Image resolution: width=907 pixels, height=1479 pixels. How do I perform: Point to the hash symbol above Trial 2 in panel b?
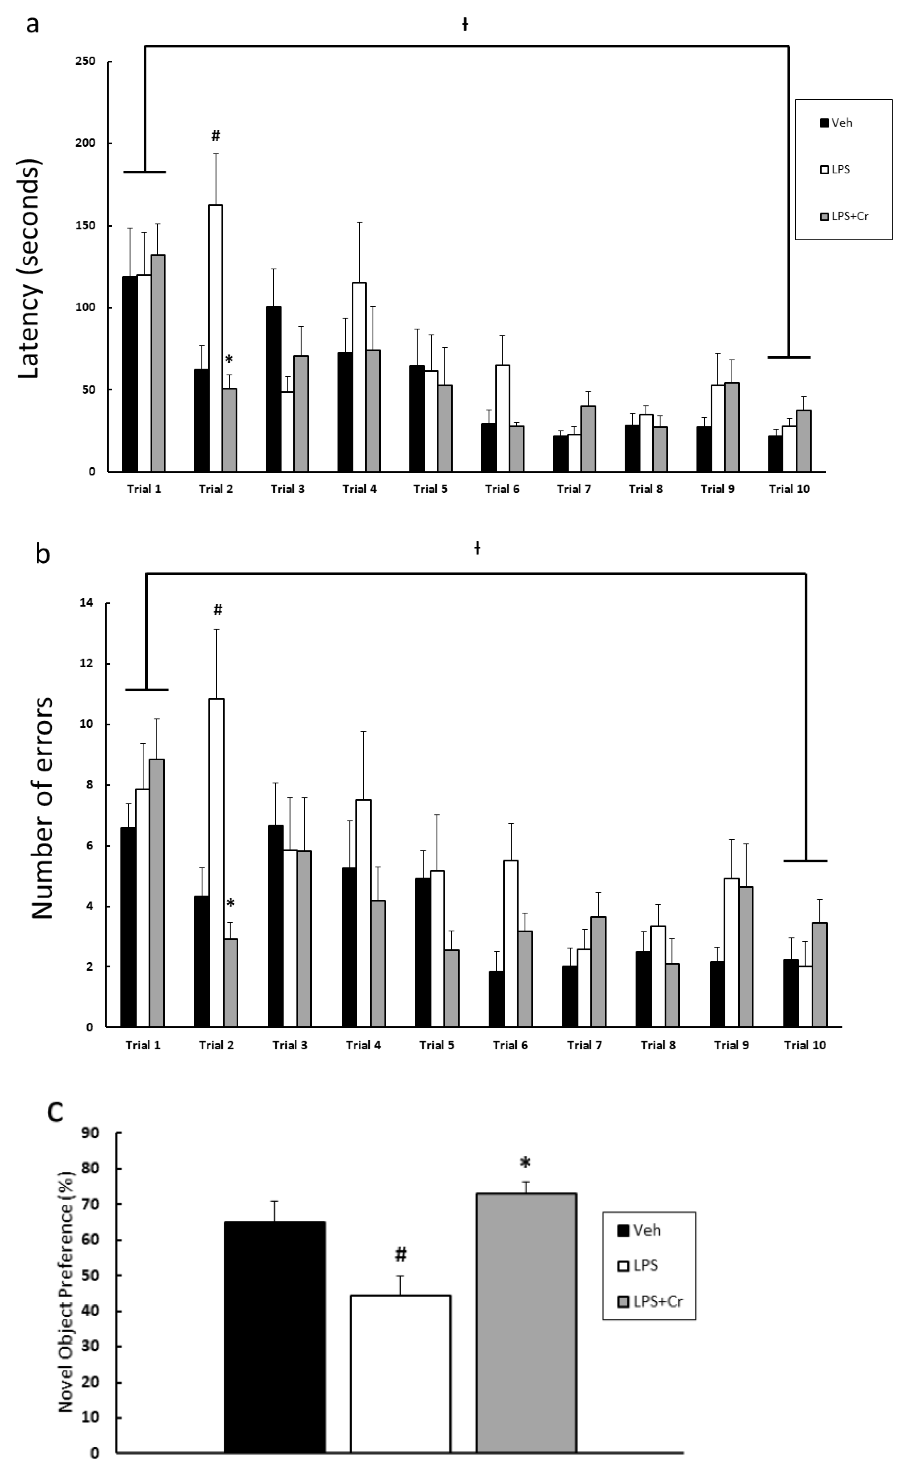[x=218, y=610]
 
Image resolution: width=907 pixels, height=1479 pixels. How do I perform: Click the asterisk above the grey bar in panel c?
[x=525, y=1163]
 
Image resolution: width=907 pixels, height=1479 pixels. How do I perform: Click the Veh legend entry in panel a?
[x=836, y=123]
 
